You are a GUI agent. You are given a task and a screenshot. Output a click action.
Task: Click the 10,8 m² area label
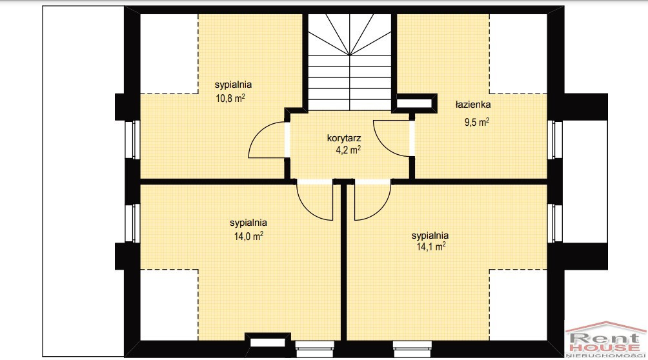pyautogui.click(x=230, y=98)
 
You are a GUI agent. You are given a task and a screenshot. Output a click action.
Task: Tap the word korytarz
pyautogui.click(x=344, y=138)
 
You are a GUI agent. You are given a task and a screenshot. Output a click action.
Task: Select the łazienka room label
pyautogui.click(x=473, y=105)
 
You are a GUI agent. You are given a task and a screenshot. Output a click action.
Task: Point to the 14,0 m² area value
pyautogui.click(x=248, y=236)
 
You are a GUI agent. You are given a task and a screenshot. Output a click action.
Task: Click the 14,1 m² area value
pyautogui.click(x=431, y=246)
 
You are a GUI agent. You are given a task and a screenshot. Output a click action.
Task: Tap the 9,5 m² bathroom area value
pyautogui.click(x=477, y=123)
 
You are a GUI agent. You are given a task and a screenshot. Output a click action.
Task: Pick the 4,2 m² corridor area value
pyautogui.click(x=349, y=150)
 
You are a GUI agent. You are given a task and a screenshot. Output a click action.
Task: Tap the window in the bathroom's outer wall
pyautogui.click(x=554, y=140)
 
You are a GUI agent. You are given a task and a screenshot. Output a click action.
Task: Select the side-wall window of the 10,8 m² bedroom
pyautogui.click(x=133, y=140)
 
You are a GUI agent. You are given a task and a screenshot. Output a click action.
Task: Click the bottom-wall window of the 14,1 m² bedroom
pyautogui.click(x=412, y=349)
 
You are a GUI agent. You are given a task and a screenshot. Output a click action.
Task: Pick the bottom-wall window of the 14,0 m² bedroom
pyautogui.click(x=315, y=349)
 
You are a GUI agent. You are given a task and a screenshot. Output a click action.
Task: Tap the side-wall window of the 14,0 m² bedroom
pyautogui.click(x=133, y=223)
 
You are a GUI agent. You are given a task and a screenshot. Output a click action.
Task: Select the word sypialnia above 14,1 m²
pyautogui.click(x=430, y=235)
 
